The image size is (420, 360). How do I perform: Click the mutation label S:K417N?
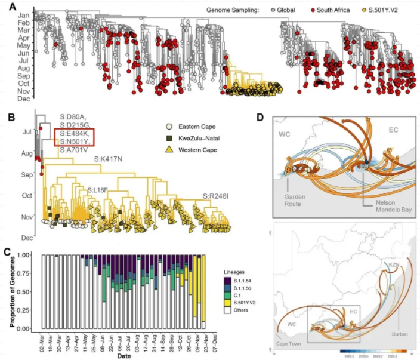coord(110,161)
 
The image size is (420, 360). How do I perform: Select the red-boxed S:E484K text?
coord(73,133)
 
